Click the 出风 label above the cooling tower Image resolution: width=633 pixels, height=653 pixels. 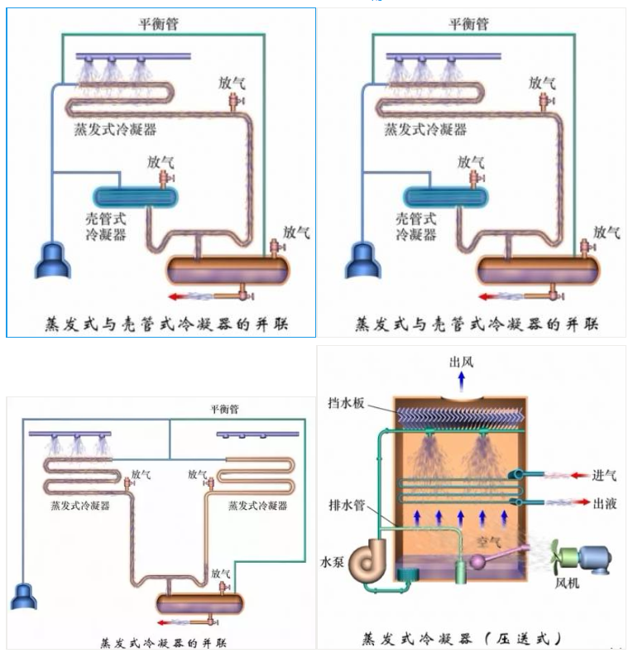[x=461, y=361]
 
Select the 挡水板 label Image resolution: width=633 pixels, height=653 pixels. [x=347, y=405]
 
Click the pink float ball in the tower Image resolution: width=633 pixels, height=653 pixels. [x=478, y=562]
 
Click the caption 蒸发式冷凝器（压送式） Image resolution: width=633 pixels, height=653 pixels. [x=463, y=637]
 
